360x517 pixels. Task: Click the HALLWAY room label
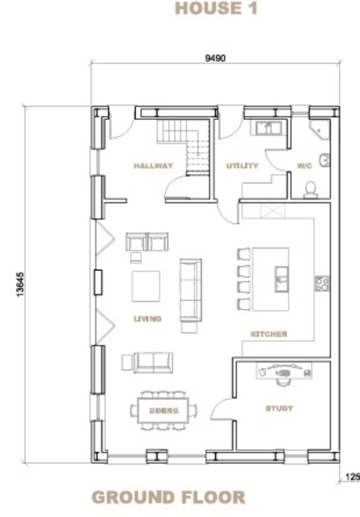point(153,166)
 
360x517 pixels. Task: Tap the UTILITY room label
point(242,166)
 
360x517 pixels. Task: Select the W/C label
point(304,166)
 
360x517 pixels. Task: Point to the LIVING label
point(147,319)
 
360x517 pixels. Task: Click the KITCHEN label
point(269,334)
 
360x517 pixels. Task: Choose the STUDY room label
point(279,408)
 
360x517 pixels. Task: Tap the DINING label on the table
point(164,410)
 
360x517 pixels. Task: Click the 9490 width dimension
point(215,58)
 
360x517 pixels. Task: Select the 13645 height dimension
point(20,284)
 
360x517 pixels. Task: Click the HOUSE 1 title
point(216,8)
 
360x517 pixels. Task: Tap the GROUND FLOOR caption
point(168,497)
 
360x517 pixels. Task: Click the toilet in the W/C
point(311,190)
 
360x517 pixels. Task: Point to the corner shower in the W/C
point(319,130)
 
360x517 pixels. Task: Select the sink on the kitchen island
point(282,279)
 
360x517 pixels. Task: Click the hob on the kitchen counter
point(322,284)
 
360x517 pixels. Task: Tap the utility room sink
point(268,128)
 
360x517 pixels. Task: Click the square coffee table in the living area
point(146,286)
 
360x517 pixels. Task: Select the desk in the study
point(284,371)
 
